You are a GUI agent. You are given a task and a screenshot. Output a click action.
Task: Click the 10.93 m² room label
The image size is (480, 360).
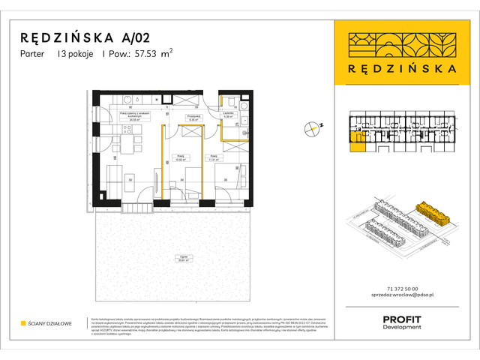tap(180, 158)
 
